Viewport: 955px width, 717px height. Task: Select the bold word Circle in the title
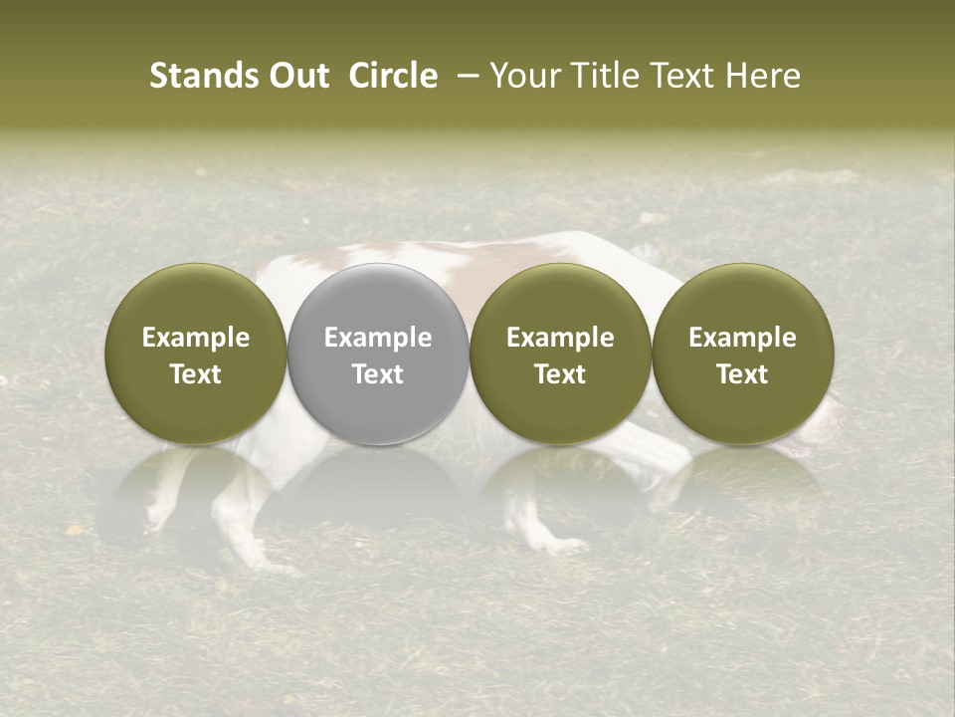(393, 76)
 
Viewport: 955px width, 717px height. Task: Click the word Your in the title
(521, 76)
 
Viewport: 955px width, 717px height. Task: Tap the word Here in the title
(762, 76)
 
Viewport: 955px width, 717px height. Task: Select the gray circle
(378, 354)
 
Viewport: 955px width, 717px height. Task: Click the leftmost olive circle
(195, 354)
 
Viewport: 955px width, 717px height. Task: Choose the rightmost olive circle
(742, 354)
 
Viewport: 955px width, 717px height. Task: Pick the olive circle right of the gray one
(560, 354)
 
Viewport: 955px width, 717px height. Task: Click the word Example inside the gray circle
(378, 338)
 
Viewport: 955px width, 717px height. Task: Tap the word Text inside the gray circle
(378, 374)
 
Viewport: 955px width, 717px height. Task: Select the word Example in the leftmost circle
(195, 338)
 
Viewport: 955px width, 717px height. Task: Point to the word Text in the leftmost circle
(195, 374)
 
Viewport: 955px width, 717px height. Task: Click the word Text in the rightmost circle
(742, 374)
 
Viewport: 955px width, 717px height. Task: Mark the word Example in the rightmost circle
(742, 338)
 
